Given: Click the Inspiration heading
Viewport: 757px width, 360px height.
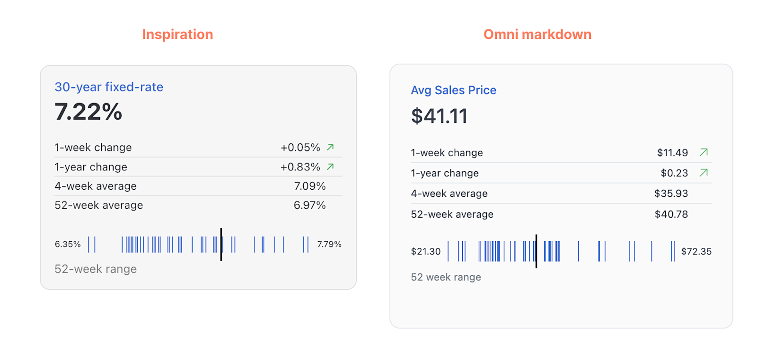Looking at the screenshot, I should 177,35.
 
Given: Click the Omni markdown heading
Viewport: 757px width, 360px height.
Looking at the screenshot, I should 537,35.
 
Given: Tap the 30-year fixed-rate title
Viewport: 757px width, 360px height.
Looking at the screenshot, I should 109,87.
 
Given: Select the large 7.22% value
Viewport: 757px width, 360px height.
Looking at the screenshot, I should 88,112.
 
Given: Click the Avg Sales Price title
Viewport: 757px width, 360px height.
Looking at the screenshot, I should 453,90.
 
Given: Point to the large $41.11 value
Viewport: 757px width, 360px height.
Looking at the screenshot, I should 439,116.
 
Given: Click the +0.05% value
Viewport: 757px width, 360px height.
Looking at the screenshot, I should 300,148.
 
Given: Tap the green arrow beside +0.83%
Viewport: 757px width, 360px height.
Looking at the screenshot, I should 330,167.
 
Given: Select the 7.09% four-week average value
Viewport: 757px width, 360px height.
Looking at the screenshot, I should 310,186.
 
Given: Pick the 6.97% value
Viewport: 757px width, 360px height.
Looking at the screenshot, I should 309,205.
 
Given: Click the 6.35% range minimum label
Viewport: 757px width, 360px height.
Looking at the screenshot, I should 68,245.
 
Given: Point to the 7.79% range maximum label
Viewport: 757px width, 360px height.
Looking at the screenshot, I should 329,245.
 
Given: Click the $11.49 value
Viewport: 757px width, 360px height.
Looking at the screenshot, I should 672,153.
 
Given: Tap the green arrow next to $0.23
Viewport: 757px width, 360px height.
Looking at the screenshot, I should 704,173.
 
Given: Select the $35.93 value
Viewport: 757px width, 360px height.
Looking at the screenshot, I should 671,193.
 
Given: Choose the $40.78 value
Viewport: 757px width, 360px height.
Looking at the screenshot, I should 671,214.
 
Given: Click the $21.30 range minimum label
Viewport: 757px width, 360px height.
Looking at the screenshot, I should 425,252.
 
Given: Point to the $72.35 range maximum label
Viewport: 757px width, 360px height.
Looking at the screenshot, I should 696,252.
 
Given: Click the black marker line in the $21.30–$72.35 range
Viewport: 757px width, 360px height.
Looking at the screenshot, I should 536,251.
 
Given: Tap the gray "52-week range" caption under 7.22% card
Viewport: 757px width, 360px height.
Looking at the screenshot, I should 96,269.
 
